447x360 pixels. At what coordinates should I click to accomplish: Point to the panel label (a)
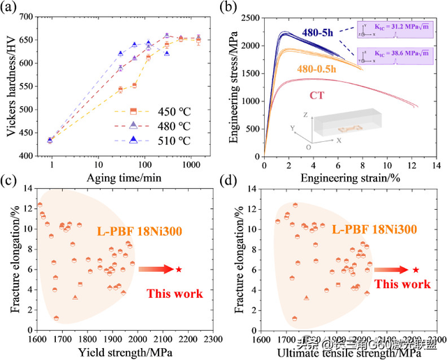[x=11, y=8]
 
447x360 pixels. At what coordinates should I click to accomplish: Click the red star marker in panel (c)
[x=179, y=268]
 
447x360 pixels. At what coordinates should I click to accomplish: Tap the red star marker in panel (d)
[x=416, y=269]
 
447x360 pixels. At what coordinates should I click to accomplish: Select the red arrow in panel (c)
[x=153, y=268]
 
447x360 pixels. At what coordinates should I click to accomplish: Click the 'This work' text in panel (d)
[x=402, y=284]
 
